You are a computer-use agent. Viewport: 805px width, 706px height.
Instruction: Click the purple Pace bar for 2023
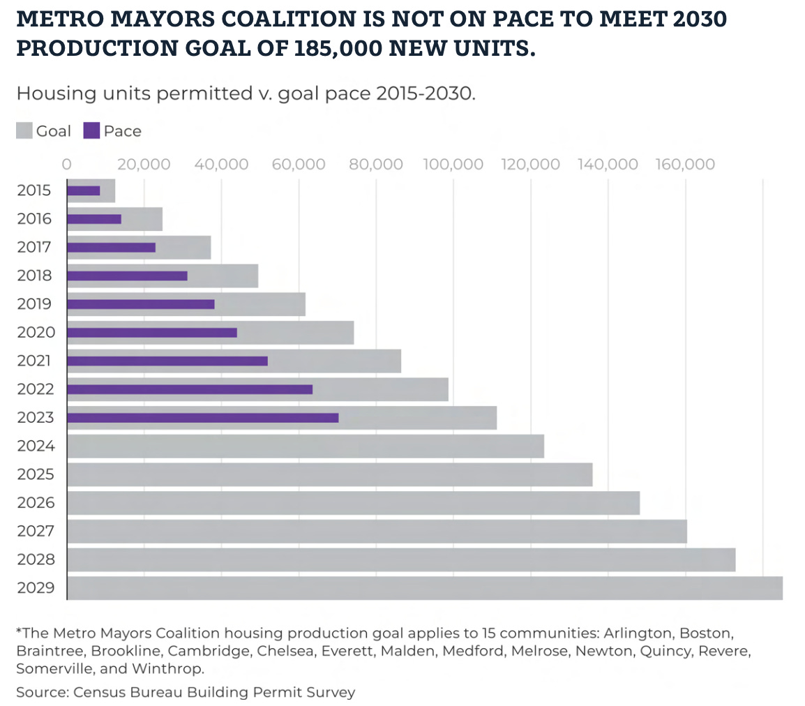[202, 418]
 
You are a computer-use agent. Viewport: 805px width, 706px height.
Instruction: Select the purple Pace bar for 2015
[84, 190]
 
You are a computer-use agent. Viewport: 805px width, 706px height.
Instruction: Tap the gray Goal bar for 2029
[424, 588]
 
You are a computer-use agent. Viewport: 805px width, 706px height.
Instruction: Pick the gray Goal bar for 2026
[353, 503]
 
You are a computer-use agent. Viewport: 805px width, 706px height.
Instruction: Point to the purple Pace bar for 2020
[152, 333]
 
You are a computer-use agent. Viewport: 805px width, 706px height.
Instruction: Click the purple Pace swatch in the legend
[91, 130]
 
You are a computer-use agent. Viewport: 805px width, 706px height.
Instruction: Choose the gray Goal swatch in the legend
[24, 130]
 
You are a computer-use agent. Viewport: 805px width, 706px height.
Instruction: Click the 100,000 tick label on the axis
[453, 165]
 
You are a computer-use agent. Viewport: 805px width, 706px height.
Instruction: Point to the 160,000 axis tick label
[686, 165]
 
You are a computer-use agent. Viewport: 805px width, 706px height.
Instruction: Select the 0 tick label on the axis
[67, 165]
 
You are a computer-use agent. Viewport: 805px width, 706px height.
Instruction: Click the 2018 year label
[34, 276]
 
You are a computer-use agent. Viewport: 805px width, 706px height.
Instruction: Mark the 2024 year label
[34, 446]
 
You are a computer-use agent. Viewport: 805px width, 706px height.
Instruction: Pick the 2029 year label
[34, 588]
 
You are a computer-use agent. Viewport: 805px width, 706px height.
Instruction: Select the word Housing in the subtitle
[48, 93]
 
